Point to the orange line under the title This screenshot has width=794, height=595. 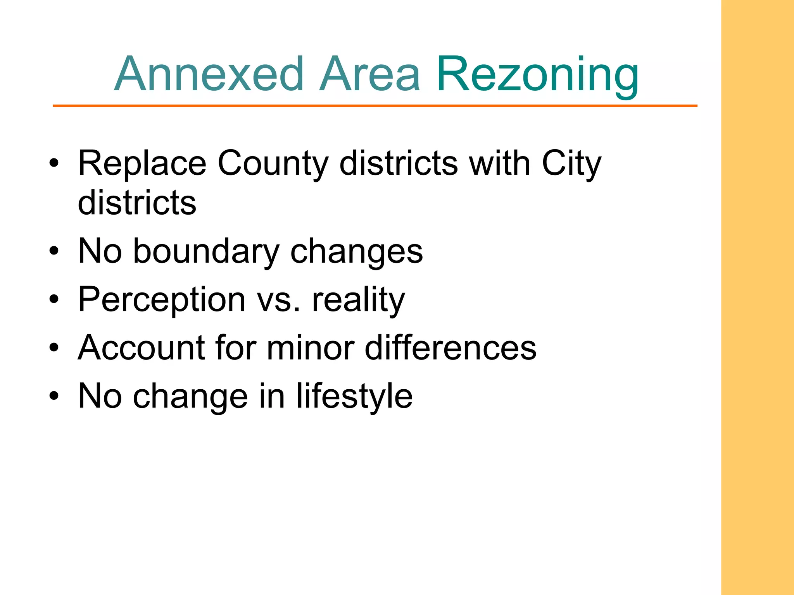tap(375, 106)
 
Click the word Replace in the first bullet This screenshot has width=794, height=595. tap(142, 164)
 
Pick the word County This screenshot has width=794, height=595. tap(273, 164)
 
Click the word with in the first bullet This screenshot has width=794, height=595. tap(500, 163)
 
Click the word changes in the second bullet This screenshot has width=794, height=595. tap(356, 252)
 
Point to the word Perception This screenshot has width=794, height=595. tap(162, 300)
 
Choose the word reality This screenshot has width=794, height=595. tap(358, 300)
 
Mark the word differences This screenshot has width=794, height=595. tap(451, 347)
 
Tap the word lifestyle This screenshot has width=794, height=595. tap(354, 396)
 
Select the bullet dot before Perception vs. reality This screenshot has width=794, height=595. tap(54, 299)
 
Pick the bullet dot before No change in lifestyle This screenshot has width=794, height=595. tap(54, 396)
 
